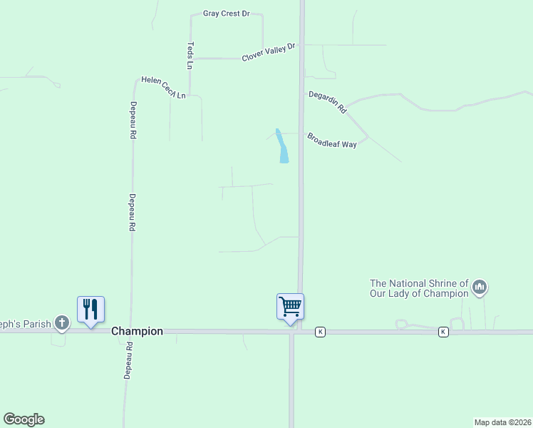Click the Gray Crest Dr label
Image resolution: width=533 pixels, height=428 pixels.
pos(227,14)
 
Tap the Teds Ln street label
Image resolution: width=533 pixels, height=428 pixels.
pos(190,56)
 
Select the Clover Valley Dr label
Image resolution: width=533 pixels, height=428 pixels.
pos(268,53)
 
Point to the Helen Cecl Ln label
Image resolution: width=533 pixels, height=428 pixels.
pos(163,87)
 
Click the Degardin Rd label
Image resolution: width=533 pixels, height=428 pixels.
pos(327,103)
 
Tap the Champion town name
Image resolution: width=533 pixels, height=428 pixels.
pos(137,332)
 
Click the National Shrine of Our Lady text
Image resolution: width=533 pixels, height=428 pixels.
pos(419,288)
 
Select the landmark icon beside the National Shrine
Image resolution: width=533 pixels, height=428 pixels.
pos(480,287)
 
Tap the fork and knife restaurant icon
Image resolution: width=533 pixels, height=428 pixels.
pos(90,309)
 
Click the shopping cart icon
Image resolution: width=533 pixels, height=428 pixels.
pos(290,307)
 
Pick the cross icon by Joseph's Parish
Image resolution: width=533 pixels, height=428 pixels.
pos(62,323)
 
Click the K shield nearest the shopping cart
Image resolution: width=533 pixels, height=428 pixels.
pos(321,332)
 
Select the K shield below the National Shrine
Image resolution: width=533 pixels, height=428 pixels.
pos(443,332)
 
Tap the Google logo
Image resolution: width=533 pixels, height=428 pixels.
pos(24,419)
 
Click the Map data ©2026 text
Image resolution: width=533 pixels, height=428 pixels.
pos(502,422)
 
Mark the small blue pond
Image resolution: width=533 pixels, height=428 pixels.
pos(282,146)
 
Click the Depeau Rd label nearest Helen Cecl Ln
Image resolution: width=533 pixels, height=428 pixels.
pos(133,118)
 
